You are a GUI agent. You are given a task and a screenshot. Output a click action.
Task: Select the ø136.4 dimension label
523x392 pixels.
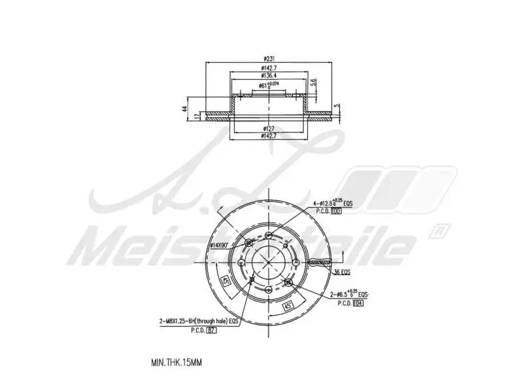269,76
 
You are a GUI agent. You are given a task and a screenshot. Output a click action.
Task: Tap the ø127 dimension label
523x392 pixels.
269,128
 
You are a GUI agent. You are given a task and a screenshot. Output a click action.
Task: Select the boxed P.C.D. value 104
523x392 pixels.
358,302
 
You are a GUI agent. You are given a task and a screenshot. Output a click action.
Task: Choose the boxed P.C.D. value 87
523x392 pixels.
211,331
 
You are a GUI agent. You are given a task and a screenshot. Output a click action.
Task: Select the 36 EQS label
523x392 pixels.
343,272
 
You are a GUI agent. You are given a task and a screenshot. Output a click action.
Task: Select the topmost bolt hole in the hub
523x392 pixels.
269,236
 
